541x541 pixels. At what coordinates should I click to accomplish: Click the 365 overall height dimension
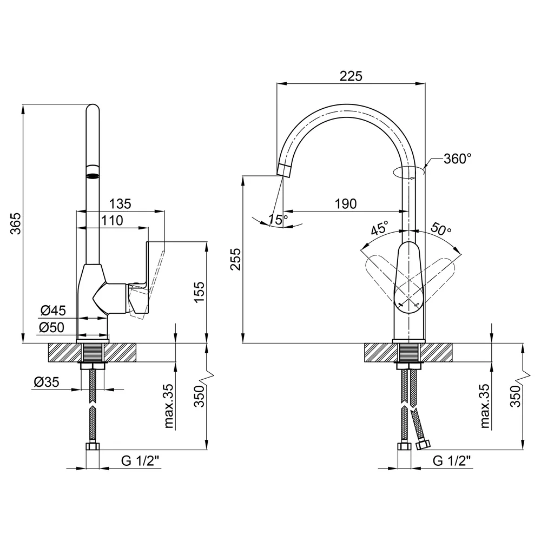(16, 223)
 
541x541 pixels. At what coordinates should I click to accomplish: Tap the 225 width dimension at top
(351, 76)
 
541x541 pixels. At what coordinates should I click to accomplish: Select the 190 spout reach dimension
(346, 203)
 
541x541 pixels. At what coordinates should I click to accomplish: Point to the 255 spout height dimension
(236, 259)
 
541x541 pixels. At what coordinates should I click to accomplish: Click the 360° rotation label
(458, 159)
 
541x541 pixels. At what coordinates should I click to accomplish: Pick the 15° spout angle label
(278, 220)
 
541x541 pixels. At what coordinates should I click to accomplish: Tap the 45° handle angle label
(380, 228)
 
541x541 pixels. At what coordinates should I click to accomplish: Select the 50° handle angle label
(441, 228)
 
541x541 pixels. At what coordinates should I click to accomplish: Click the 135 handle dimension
(120, 203)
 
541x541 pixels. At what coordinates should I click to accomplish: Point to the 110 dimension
(112, 220)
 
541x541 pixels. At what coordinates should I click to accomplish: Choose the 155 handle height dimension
(199, 292)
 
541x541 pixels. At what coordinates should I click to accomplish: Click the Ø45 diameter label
(53, 311)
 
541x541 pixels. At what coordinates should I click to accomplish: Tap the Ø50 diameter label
(52, 327)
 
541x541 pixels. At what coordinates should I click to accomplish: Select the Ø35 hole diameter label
(47, 382)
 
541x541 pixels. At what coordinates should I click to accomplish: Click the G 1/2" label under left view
(141, 460)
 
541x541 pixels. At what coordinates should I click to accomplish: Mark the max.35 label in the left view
(168, 406)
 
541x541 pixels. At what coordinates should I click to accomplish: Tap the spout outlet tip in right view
(283, 170)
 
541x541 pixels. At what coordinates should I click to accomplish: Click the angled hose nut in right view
(423, 444)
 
